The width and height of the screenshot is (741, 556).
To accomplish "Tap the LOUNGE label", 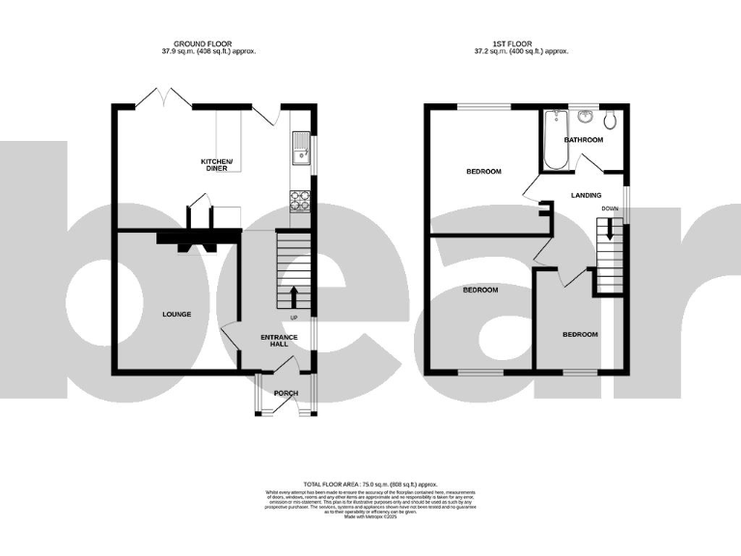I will pyautogui.click(x=176, y=314).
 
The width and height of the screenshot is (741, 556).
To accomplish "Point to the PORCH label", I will pyautogui.click(x=287, y=393).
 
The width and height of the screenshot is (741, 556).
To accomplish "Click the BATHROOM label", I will pyautogui.click(x=583, y=140).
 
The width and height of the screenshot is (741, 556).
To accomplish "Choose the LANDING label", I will pyautogui.click(x=587, y=195).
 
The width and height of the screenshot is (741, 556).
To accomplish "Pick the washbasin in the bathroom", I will pyautogui.click(x=585, y=119).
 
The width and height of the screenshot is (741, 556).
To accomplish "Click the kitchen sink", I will pyautogui.click(x=298, y=150).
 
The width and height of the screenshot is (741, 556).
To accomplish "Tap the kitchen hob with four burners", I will pyautogui.click(x=299, y=201).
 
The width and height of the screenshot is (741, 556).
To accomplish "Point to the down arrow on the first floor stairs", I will pyautogui.click(x=609, y=231).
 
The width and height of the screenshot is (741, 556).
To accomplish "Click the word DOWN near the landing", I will pyautogui.click(x=610, y=208).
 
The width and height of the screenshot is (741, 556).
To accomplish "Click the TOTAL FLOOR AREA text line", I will pyautogui.click(x=370, y=484).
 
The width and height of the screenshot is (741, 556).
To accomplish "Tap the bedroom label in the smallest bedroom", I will pyautogui.click(x=580, y=334).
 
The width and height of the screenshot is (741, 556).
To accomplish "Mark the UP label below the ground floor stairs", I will pyautogui.click(x=294, y=318).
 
